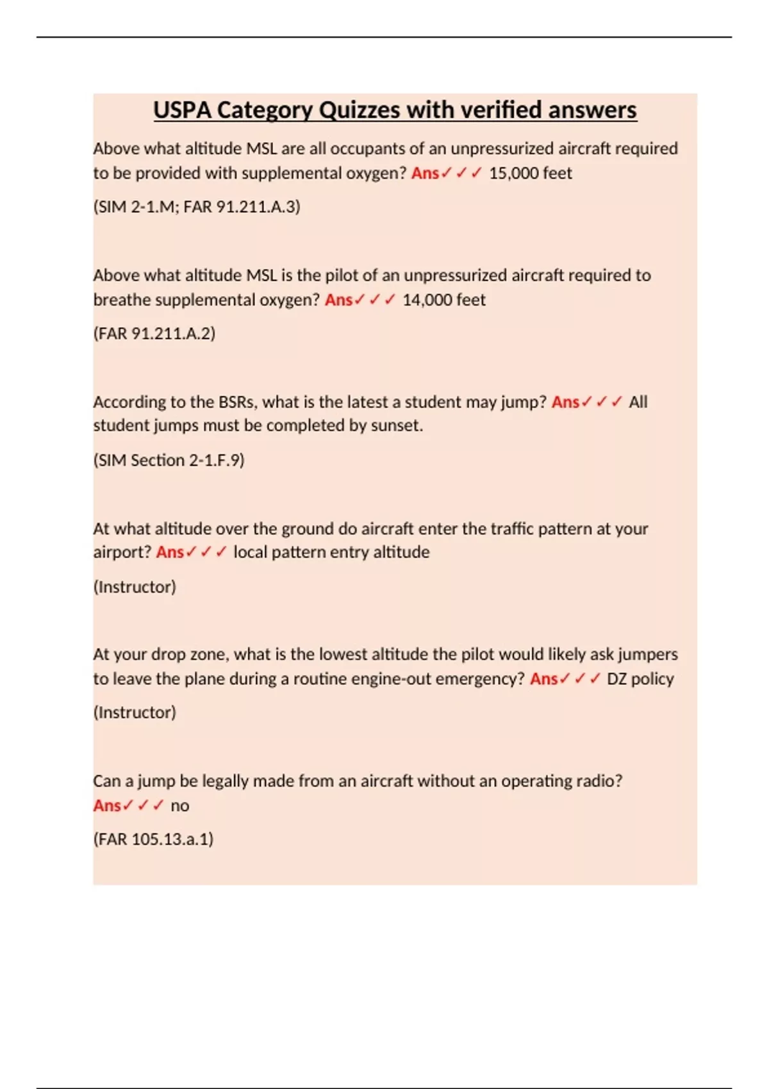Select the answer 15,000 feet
tap(530, 173)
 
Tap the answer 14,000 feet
tap(443, 300)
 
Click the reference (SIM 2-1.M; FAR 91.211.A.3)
tap(197, 207)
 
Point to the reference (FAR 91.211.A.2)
tap(154, 334)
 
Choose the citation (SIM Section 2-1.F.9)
tap(169, 460)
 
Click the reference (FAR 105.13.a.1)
tap(153, 839)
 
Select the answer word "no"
tap(179, 806)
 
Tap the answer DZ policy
tap(640, 679)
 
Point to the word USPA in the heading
tap(182, 110)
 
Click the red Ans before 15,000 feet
tap(425, 173)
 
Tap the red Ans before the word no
tap(107, 806)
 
